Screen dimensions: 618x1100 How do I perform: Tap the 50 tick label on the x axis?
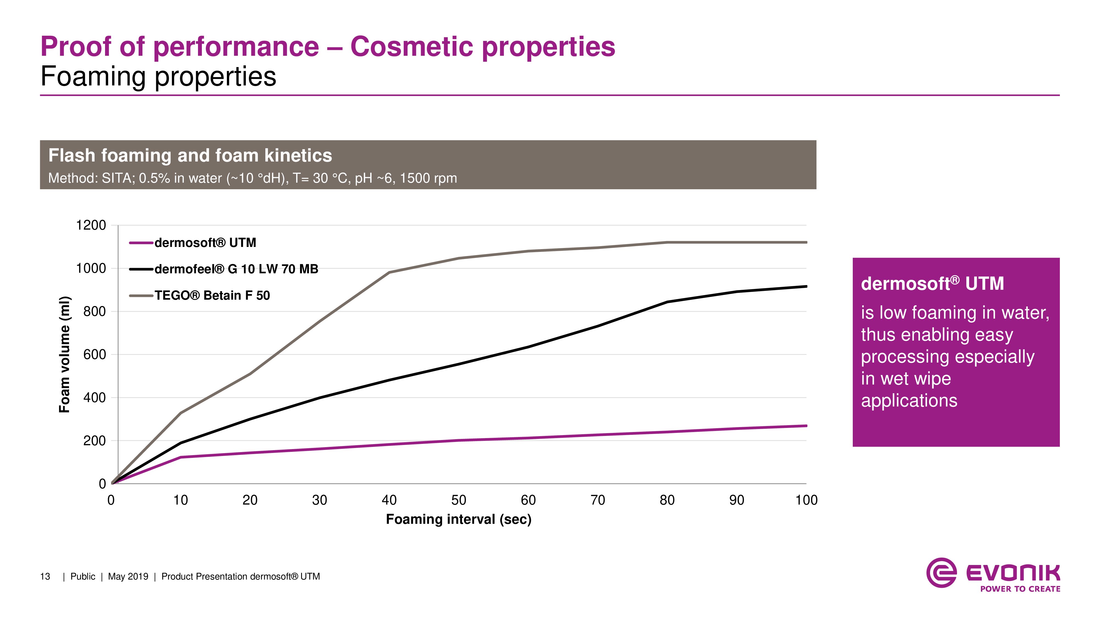click(x=459, y=500)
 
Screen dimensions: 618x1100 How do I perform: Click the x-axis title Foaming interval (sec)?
click(x=459, y=519)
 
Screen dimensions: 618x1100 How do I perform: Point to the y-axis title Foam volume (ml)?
click(x=64, y=354)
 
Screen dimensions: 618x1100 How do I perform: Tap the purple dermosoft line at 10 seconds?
click(x=181, y=457)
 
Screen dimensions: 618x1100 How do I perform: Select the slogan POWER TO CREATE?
click(x=1020, y=589)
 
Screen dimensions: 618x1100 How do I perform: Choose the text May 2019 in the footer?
click(x=128, y=577)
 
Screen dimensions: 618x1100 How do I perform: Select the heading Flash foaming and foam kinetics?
click(x=190, y=156)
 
